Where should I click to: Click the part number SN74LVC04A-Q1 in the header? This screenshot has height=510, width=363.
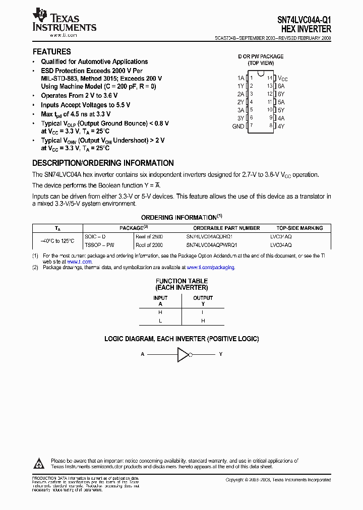(x=305, y=21)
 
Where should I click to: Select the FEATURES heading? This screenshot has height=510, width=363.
(x=52, y=51)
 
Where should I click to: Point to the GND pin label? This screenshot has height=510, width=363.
(x=238, y=126)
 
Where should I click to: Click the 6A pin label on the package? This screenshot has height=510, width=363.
(x=281, y=86)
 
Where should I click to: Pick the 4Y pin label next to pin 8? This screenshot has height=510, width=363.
(x=281, y=126)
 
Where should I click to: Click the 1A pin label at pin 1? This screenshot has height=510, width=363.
(x=240, y=78)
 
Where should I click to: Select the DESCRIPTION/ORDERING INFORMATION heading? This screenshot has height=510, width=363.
(x=103, y=163)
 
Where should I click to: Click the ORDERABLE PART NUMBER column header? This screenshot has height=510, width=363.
(x=223, y=228)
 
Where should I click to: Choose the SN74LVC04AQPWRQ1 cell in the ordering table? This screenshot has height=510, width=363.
(x=211, y=244)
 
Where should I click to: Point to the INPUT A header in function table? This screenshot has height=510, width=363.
(x=160, y=301)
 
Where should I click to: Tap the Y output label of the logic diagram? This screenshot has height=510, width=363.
(x=220, y=354)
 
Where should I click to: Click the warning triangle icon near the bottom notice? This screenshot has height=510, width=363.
(x=39, y=463)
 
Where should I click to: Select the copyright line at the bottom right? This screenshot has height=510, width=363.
(x=278, y=480)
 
